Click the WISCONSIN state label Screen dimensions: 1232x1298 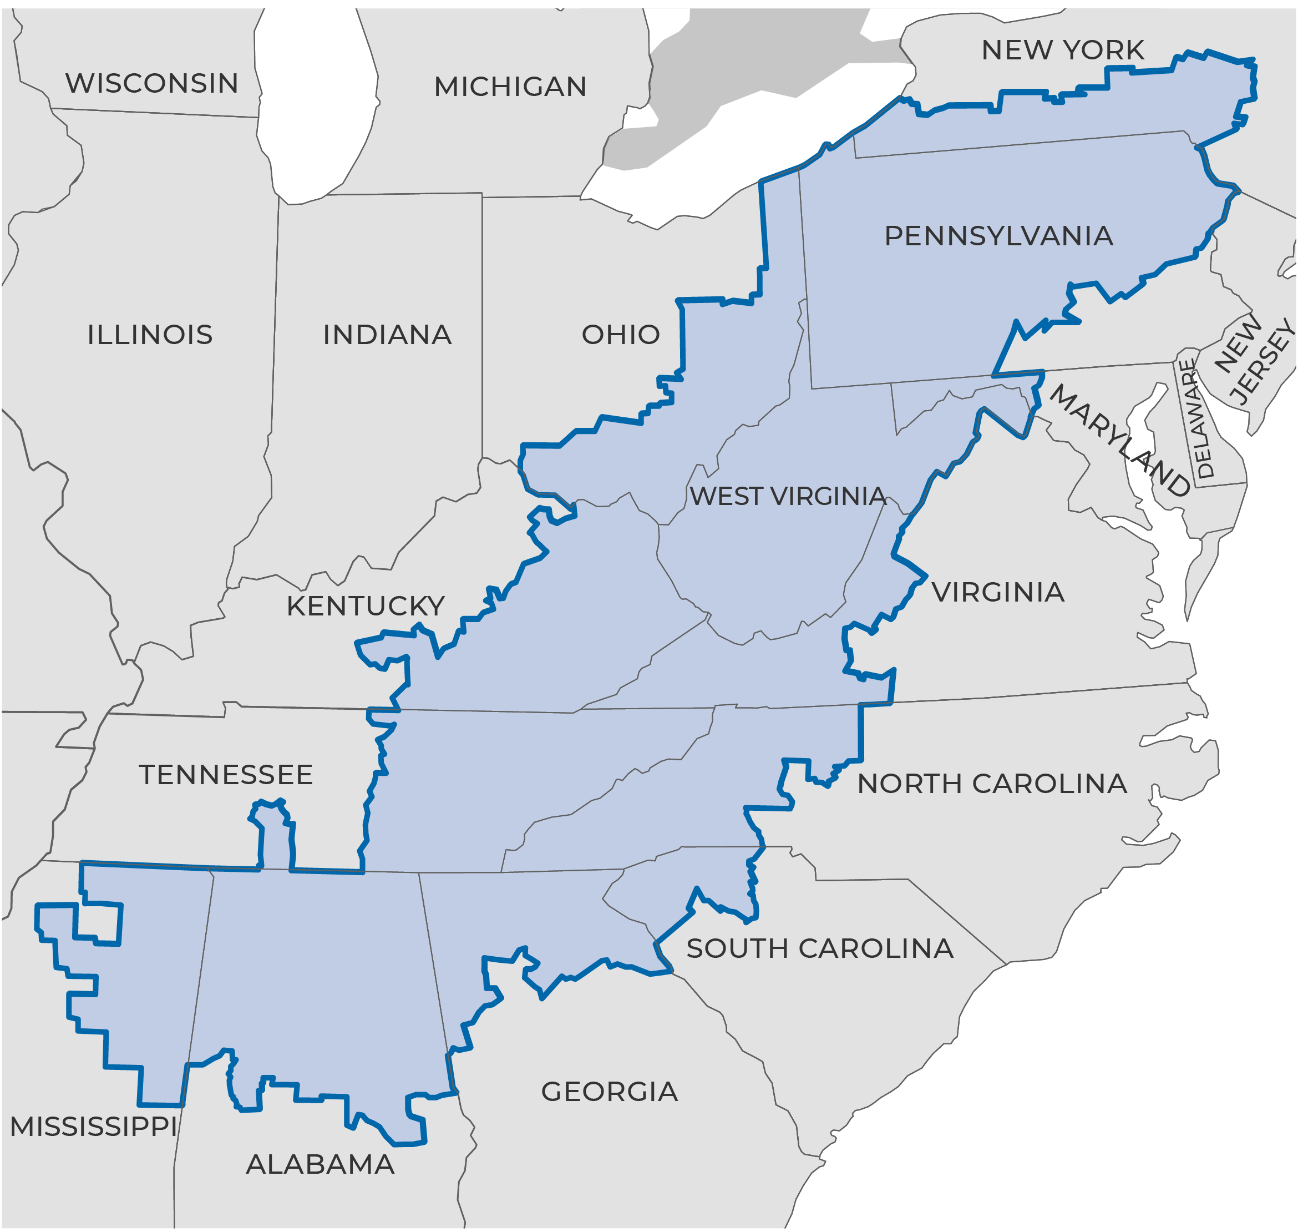point(151,83)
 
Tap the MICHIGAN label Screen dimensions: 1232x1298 point(510,87)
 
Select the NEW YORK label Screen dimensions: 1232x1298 point(1062,50)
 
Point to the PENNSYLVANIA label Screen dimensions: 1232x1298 point(998,236)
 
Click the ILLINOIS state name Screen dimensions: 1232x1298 point(150,335)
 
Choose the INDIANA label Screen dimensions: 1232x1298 point(387,335)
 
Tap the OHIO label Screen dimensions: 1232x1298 point(621,335)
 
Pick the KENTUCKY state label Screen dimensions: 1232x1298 point(366,606)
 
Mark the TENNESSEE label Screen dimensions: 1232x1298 point(225,775)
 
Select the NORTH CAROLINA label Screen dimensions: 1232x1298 point(991,784)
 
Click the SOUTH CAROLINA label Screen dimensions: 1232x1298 point(819,948)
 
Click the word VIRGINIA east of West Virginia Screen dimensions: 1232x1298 point(997,592)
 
